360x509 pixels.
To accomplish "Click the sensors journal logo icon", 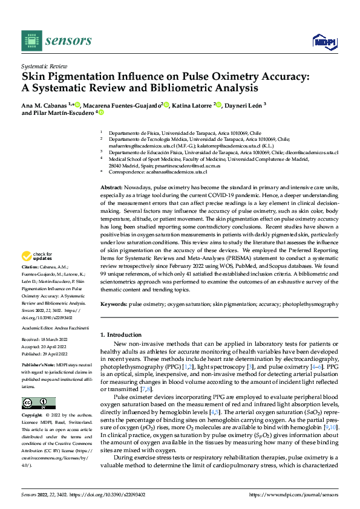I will tap(30, 41).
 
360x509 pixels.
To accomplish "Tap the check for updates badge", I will tap(38, 273).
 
